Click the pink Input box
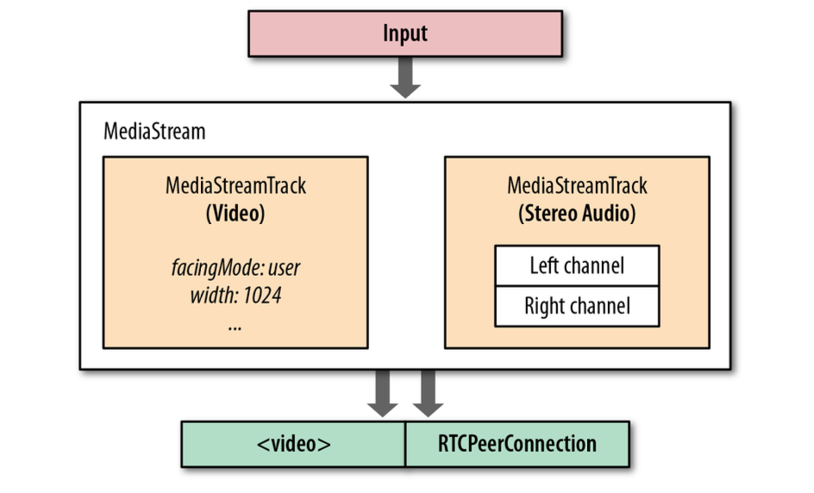(x=405, y=34)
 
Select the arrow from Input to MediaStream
(x=405, y=78)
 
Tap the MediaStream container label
(x=154, y=131)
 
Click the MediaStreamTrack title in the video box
(x=235, y=185)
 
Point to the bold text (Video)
(x=235, y=214)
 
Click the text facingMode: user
(x=235, y=268)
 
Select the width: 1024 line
(x=235, y=296)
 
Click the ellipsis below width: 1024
(x=235, y=327)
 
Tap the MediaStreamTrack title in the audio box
(x=577, y=185)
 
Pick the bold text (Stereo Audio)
(x=577, y=214)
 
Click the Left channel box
(x=577, y=265)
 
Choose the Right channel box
(x=577, y=306)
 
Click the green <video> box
(x=293, y=444)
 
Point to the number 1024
(x=261, y=296)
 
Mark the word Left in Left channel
(x=545, y=265)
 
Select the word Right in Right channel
(x=545, y=306)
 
